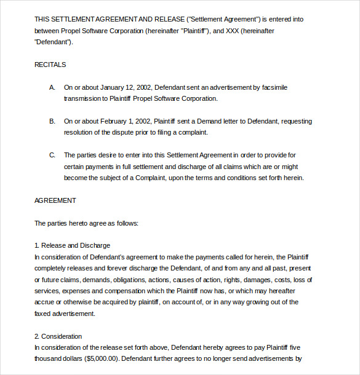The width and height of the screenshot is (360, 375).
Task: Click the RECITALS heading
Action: coord(50,65)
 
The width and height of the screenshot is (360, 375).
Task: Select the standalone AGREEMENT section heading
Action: coord(55,200)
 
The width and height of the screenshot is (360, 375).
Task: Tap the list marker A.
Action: coord(52,87)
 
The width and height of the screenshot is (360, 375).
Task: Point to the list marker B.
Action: coord(52,121)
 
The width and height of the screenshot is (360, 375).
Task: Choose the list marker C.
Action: coord(52,155)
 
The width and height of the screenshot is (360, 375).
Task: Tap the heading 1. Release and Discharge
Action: coord(73,245)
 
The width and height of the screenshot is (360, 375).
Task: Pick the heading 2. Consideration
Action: coord(66,336)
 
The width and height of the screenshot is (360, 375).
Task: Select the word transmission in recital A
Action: coord(83,98)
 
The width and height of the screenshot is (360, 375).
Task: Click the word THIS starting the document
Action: coord(42,19)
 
